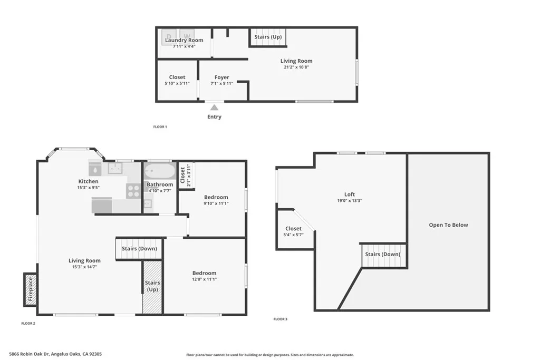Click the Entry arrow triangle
click(214, 108)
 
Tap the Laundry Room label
click(184, 40)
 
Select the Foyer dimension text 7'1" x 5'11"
click(221, 84)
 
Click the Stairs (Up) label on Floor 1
click(268, 37)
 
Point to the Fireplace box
click(30, 289)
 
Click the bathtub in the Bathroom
click(159, 171)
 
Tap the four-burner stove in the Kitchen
click(133, 190)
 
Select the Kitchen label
click(89, 181)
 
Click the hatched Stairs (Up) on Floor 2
click(152, 287)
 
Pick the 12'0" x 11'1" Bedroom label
click(204, 273)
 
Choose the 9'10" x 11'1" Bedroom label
click(216, 197)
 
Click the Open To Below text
click(448, 225)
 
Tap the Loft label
click(350, 194)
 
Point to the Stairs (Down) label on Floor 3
click(383, 255)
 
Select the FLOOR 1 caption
click(160, 127)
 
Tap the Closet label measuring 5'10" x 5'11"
click(177, 77)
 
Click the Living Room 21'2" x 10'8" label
click(296, 61)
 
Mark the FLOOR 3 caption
click(281, 319)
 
